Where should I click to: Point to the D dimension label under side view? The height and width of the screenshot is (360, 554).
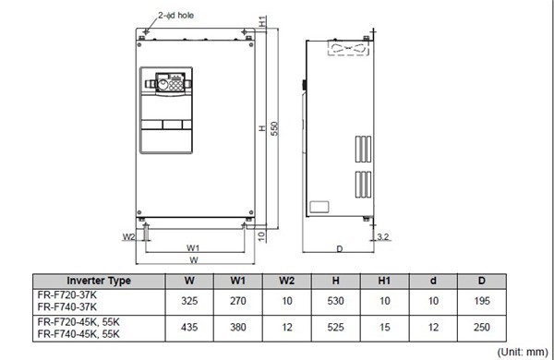pos(340,248)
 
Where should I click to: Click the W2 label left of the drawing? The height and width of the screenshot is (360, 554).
pos(128,236)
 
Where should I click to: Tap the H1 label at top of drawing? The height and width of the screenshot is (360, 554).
pos(263,20)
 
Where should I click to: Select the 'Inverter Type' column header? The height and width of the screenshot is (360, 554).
pos(98,281)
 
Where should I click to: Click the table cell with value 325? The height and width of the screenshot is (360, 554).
pos(188,300)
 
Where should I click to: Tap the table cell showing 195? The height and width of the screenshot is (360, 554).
pos(482,300)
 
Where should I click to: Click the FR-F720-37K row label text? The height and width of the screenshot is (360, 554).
pos(69,294)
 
